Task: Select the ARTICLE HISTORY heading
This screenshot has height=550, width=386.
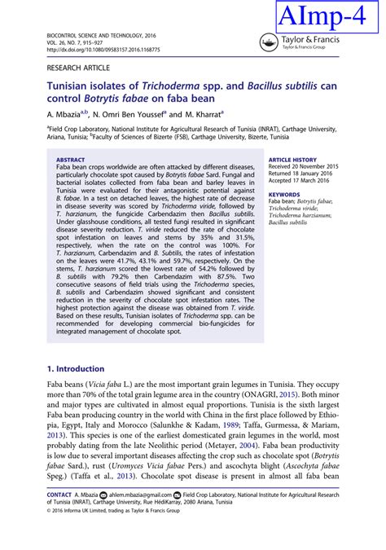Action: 292,161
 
